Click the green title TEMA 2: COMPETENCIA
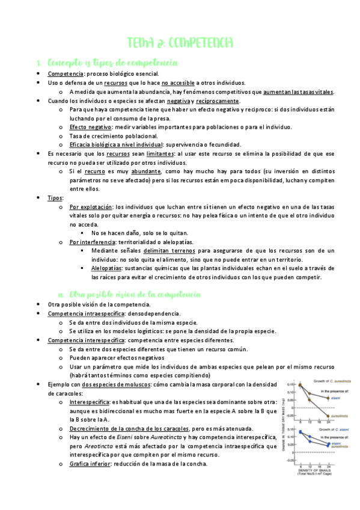pyautogui.click(x=180, y=43)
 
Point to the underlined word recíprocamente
pyautogui.click(x=218, y=100)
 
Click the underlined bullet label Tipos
pyautogui.click(x=56, y=197)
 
